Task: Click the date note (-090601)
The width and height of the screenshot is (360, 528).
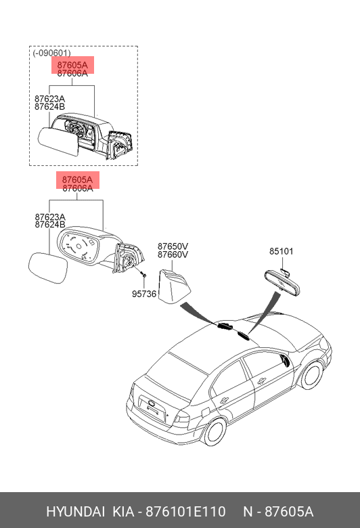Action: [x=51, y=53]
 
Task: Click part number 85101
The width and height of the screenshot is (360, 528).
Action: [x=282, y=251]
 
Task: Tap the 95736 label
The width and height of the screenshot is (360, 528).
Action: [x=144, y=294]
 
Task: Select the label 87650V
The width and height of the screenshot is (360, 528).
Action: [x=173, y=246]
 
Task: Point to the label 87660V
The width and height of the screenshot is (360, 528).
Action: [x=173, y=255]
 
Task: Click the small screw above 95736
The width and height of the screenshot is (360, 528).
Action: [x=144, y=274]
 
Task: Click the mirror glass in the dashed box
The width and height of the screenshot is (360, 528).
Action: [x=58, y=141]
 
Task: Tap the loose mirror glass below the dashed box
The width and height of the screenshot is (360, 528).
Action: [x=48, y=268]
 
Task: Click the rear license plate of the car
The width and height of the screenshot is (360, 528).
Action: [x=153, y=408]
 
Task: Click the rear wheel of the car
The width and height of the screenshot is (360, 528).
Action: [x=215, y=432]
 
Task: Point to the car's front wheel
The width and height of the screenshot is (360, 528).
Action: [x=311, y=374]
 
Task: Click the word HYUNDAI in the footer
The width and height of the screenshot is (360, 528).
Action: [x=75, y=512]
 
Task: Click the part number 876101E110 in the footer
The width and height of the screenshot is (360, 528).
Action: [x=185, y=512]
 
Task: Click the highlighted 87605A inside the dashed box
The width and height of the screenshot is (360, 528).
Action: [x=72, y=65]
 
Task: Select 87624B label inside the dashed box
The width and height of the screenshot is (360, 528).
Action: [x=49, y=107]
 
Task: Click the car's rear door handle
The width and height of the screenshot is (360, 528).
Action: [x=223, y=400]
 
